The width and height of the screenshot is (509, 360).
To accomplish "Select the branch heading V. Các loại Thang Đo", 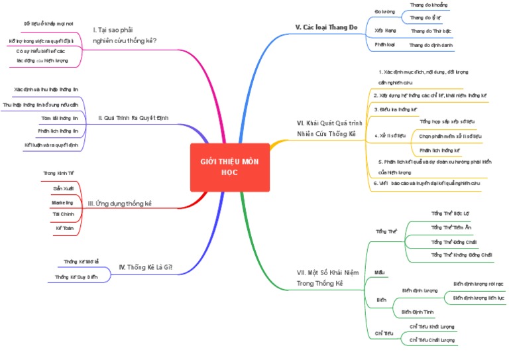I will tap(326, 27).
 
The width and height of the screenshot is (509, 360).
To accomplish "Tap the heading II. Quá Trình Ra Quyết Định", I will tap(133, 118).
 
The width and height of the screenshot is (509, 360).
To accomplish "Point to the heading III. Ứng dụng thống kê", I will tap(120, 203).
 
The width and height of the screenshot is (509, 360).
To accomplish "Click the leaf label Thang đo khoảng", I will tap(428, 5).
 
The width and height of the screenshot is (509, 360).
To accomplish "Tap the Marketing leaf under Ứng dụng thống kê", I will tap(62, 202).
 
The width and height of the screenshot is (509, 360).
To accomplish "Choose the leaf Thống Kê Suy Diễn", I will tap(76, 277).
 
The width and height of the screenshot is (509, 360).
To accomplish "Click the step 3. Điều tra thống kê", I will tap(395, 109).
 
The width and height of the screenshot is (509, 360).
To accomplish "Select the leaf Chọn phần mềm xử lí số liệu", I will tap(450, 136).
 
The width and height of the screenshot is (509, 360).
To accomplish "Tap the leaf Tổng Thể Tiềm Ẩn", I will tap(451, 227).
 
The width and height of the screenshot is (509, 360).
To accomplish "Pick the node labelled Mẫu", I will tap(380, 272).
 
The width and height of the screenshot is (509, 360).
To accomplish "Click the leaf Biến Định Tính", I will tap(418, 311).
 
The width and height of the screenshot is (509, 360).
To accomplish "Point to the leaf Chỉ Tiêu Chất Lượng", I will tap(432, 340).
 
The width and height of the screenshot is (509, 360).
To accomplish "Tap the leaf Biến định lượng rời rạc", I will tap(478, 283).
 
